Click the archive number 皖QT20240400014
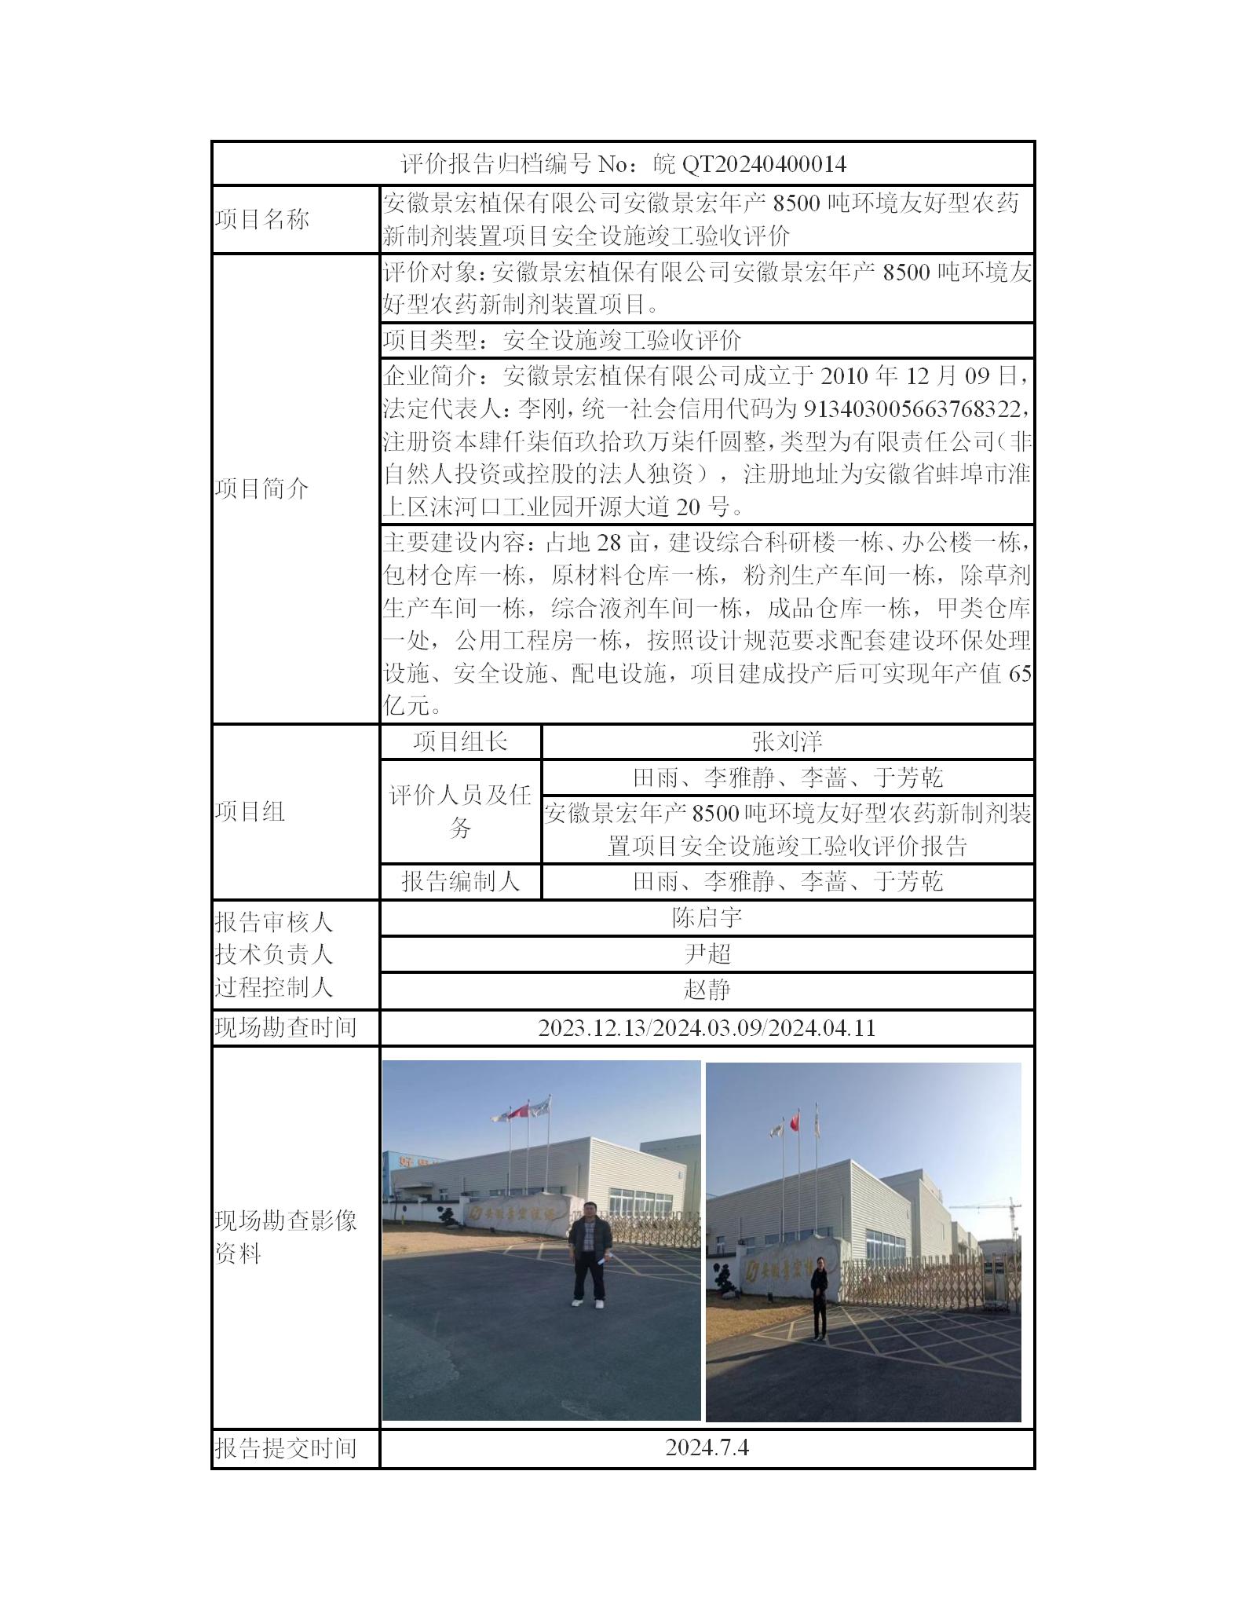tap(750, 164)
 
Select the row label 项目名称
tap(261, 220)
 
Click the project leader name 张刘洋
tap(787, 742)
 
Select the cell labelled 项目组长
tap(461, 742)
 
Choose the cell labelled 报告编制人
tap(461, 881)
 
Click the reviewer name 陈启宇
tap(707, 917)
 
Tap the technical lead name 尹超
tap(707, 953)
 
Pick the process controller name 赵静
tap(707, 990)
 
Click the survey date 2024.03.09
tap(707, 1028)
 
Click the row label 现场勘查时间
tap(286, 1028)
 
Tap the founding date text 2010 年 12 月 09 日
tap(923, 376)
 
